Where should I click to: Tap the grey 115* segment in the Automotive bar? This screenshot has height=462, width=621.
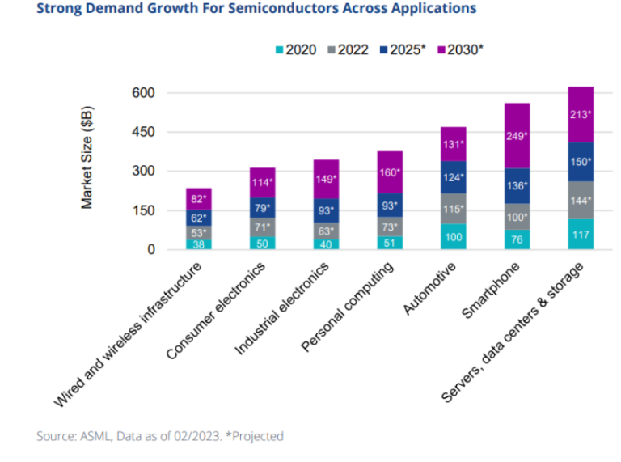454,208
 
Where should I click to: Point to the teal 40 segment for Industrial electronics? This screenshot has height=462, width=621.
325,244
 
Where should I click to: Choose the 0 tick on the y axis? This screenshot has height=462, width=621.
150,250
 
